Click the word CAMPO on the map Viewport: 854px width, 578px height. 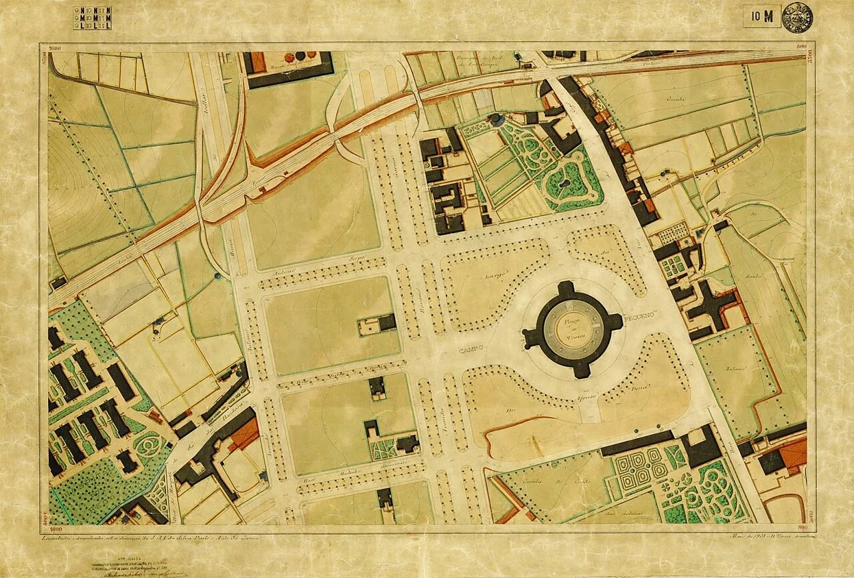click(x=470, y=349)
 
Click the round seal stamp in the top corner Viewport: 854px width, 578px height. click(x=797, y=17)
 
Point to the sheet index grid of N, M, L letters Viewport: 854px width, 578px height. click(x=92, y=19)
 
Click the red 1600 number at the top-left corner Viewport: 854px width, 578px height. click(x=55, y=48)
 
